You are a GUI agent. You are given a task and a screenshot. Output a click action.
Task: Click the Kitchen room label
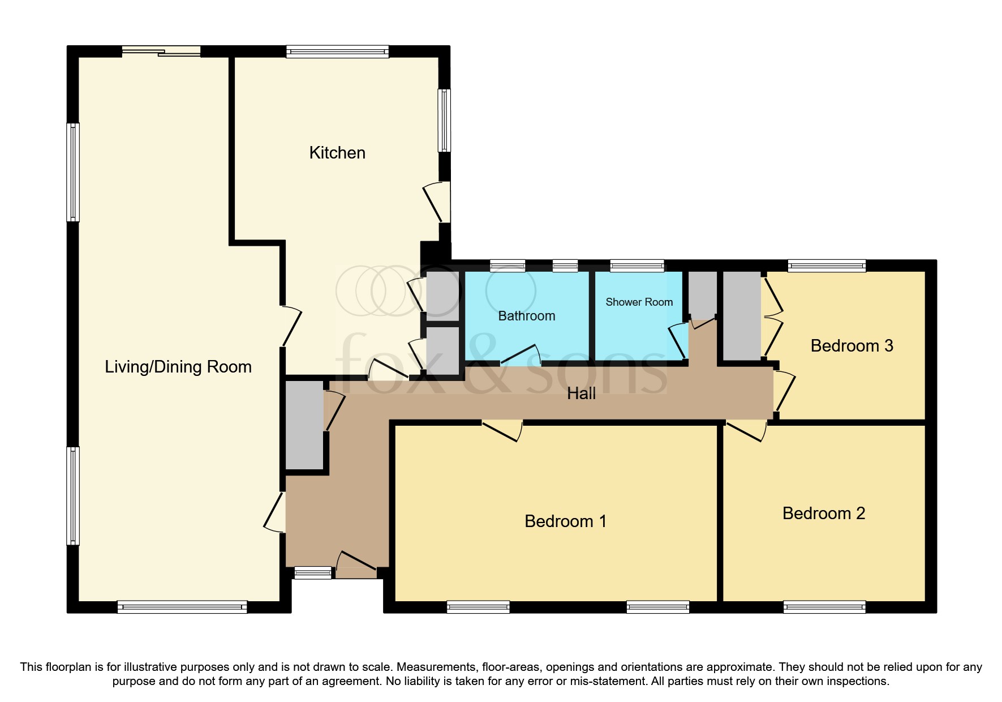337,153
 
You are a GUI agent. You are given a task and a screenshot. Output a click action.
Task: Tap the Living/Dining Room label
178,367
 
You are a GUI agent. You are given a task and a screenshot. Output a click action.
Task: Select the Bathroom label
526,316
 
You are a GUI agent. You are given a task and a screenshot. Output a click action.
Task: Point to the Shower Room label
639,302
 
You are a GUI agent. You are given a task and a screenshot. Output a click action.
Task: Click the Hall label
581,393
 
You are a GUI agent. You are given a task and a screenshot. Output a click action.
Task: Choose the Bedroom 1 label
565,521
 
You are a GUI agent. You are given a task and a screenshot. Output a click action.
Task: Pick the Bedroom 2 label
823,513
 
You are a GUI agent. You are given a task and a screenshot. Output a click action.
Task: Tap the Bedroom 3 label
852,346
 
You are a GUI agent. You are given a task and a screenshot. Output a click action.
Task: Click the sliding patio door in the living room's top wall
162,52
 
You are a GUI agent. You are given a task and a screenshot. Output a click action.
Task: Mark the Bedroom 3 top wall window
827,266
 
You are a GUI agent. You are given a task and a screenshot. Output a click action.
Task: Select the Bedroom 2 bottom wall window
824,607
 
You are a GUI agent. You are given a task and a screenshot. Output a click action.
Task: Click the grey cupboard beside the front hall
304,425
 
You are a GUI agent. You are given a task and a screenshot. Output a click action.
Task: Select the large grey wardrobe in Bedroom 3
742,315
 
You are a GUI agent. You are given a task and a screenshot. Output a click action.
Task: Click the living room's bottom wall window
182,607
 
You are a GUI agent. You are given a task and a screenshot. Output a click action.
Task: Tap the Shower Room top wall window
637,266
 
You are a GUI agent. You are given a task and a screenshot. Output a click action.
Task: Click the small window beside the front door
313,572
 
